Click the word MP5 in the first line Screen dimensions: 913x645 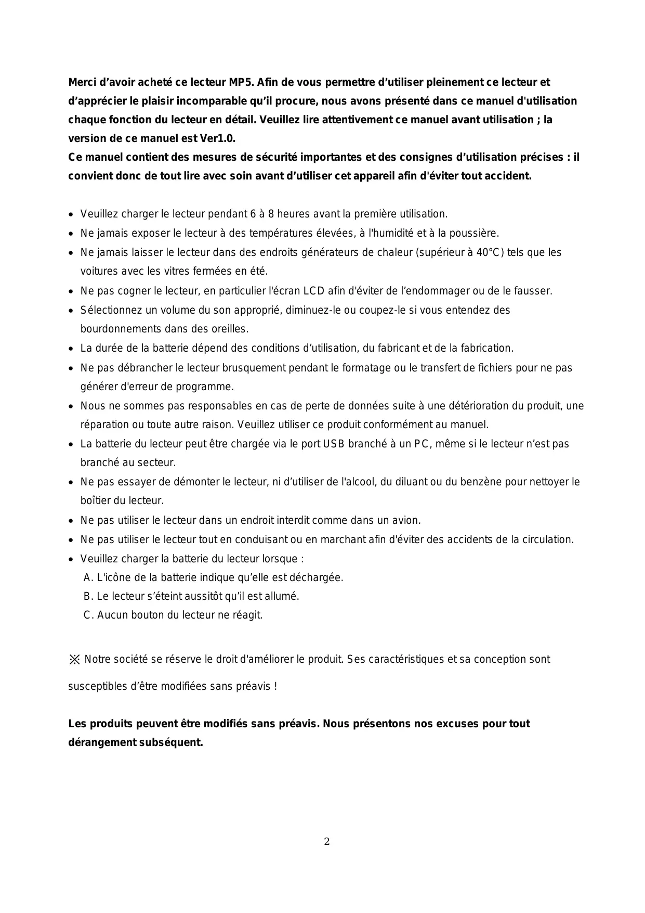[241, 82]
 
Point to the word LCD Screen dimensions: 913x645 [314, 291]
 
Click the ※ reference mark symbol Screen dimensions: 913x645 [74, 660]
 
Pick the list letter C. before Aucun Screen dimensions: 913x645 [88, 615]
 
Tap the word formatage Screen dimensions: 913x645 [366, 368]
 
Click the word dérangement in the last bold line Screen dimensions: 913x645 [102, 742]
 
